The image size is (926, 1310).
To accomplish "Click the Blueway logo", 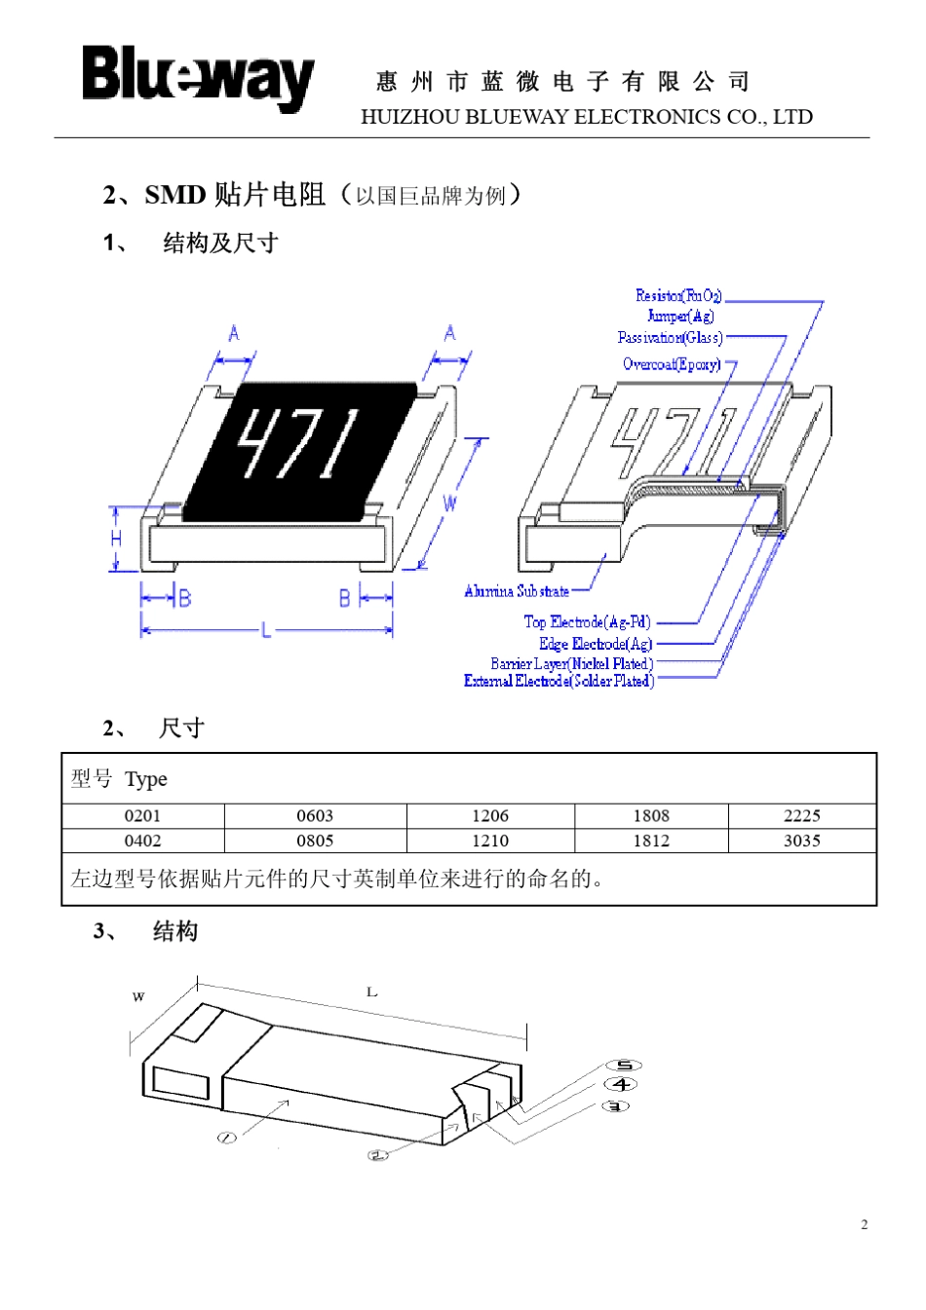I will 198,77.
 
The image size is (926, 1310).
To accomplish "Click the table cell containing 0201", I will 142,816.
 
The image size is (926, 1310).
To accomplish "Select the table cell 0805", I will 315,841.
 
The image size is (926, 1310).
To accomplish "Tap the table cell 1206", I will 489,816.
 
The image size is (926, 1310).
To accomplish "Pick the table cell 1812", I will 651,841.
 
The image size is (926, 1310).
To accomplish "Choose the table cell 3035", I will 801,841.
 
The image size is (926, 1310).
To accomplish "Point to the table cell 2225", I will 801,816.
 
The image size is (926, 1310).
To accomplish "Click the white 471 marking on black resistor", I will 299,443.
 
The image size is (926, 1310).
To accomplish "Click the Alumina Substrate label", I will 517,591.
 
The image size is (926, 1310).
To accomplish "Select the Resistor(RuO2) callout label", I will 678,295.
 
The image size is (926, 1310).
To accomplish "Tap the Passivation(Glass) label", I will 670,338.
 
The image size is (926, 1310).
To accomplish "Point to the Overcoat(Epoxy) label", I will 672,364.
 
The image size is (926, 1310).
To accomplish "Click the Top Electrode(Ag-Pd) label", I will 587,621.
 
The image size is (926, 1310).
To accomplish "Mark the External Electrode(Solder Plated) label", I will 559,681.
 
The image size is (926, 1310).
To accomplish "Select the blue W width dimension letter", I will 449,503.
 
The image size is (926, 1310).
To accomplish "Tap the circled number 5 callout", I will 624,1066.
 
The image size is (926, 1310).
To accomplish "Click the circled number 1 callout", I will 226,1138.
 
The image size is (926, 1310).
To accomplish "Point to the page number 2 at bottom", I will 864,1224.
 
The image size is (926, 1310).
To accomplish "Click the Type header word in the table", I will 146,779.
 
